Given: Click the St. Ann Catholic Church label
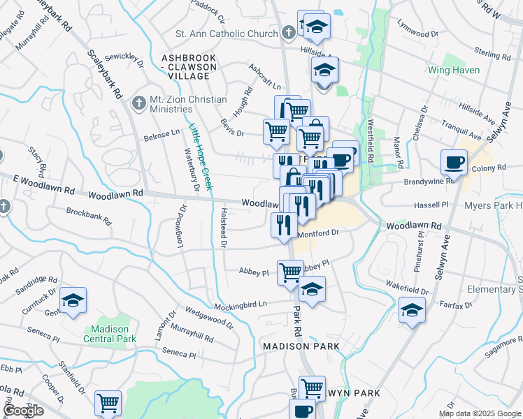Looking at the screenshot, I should point(226,34).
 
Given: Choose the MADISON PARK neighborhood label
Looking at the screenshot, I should point(301,346).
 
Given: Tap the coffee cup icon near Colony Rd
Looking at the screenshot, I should point(454,162).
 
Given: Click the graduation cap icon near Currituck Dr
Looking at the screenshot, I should point(73,300).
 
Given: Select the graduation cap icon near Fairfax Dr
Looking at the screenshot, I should point(412,309).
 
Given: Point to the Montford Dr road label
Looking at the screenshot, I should point(317,233).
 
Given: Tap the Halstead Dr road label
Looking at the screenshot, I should point(224,227).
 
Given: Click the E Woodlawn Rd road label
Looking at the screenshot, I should point(43,181).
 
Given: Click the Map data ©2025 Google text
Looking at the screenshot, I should point(480,413).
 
